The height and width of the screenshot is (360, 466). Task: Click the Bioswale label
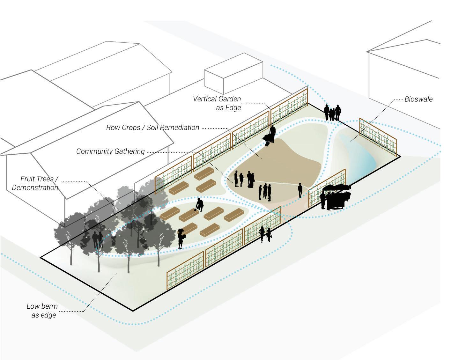[418, 99]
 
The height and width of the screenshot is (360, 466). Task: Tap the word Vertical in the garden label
[205, 99]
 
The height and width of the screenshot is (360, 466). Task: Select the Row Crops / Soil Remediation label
[152, 128]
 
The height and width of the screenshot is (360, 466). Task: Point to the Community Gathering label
[110, 151]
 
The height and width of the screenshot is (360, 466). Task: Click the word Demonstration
[35, 187]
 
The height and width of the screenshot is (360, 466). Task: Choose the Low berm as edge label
[42, 311]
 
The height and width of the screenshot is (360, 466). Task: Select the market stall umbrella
[337, 188]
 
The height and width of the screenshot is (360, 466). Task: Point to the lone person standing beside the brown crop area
[300, 190]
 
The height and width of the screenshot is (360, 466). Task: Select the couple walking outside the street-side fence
[265, 235]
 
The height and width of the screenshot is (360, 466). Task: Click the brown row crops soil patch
[281, 159]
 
